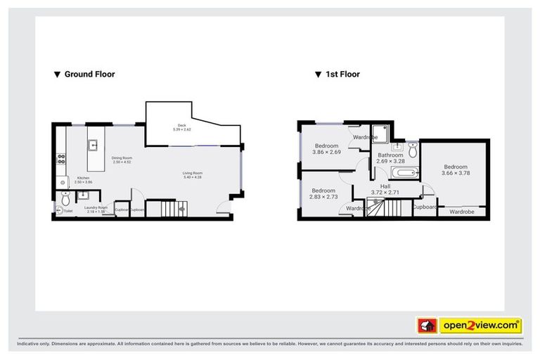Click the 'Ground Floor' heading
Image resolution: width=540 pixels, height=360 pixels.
[x=89, y=74]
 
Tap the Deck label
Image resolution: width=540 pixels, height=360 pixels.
[x=181, y=126]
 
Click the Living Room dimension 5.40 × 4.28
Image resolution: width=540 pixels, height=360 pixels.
[x=193, y=177]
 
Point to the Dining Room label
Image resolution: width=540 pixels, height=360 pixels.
[x=122, y=158]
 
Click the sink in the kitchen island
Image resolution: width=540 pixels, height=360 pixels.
[x=93, y=146]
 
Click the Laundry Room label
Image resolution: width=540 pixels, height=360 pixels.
[x=96, y=208]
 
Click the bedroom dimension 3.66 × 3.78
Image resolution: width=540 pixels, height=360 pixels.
[x=456, y=173]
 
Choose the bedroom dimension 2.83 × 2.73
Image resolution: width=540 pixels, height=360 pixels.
[x=324, y=197]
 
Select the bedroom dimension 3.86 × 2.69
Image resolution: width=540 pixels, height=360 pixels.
[x=326, y=152]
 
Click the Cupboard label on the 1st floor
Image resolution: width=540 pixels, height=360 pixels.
[x=425, y=207]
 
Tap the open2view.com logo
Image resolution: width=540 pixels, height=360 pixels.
[x=480, y=326]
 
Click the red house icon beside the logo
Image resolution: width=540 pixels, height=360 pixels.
[x=427, y=326]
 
